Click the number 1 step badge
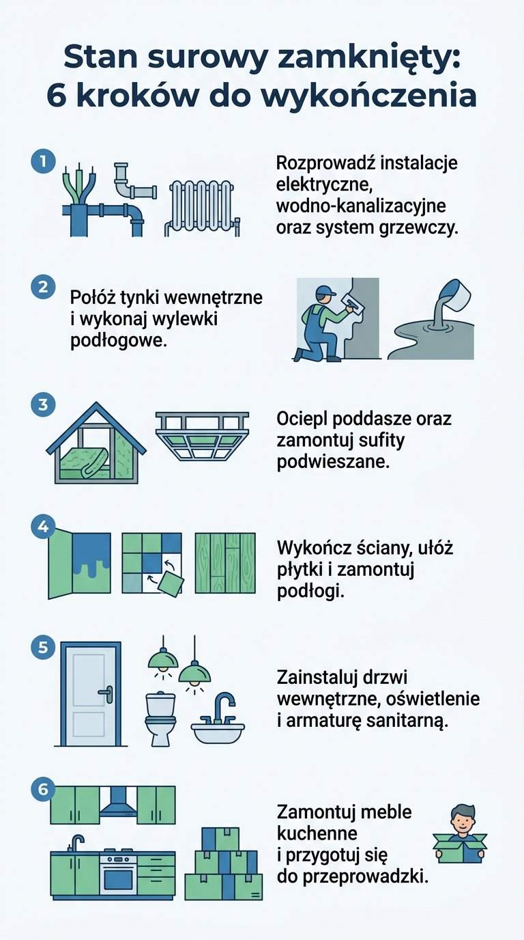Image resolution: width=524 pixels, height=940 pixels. click(x=43, y=162)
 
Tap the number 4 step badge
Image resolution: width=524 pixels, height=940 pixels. click(x=43, y=527)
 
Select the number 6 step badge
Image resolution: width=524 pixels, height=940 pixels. click(x=43, y=789)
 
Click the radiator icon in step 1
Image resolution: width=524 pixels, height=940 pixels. click(x=202, y=208)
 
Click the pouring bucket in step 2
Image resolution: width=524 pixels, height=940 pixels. click(x=453, y=294)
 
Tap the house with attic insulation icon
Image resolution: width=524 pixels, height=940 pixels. click(x=96, y=445)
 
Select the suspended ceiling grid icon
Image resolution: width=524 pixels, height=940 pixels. click(x=202, y=437)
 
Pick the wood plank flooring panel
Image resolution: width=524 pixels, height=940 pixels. click(x=225, y=563)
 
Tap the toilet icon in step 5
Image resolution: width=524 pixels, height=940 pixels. click(x=161, y=719)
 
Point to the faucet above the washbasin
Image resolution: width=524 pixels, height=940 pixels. click(x=222, y=707)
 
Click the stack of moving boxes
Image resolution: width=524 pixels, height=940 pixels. click(x=223, y=864)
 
